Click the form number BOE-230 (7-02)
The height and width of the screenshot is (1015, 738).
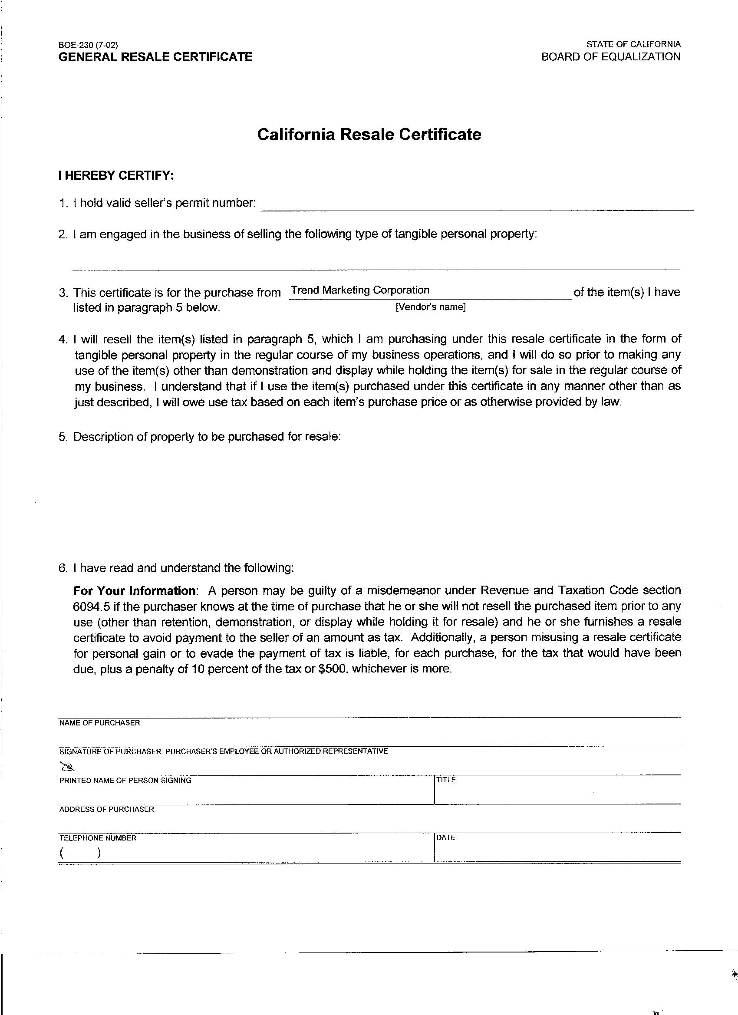click(x=88, y=45)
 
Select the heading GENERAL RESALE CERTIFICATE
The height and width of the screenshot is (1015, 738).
click(x=155, y=57)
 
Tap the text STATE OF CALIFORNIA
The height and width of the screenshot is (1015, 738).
click(x=633, y=44)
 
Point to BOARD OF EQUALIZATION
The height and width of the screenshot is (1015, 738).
click(x=611, y=57)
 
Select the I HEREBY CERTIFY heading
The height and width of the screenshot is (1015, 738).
click(x=116, y=175)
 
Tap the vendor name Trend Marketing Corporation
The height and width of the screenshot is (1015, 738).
click(x=360, y=290)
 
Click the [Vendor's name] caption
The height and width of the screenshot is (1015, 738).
click(x=431, y=307)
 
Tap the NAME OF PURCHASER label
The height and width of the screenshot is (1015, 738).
click(x=99, y=723)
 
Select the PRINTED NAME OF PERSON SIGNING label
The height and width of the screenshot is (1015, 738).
click(x=125, y=781)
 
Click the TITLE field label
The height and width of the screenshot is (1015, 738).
click(x=446, y=780)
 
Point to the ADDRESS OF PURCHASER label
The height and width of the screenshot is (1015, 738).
click(x=106, y=809)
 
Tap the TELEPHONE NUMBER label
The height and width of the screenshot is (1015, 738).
click(x=98, y=838)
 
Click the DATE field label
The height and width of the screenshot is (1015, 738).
click(x=446, y=838)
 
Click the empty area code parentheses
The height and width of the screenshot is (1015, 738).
click(x=80, y=853)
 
